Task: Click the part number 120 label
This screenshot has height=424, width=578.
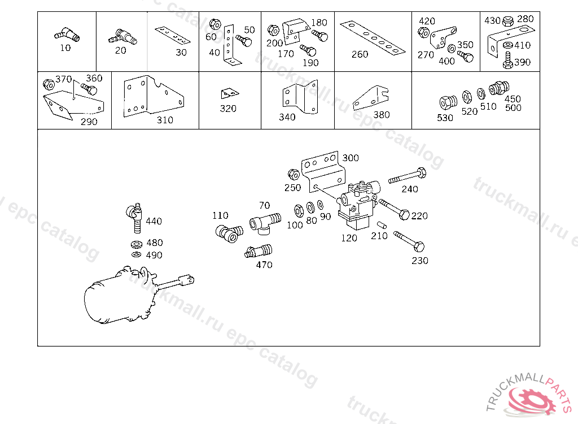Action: click(x=349, y=238)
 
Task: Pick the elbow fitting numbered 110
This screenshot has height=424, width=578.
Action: click(x=228, y=233)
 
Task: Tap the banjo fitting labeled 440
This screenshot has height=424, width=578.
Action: click(x=134, y=218)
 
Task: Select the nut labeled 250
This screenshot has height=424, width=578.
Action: click(x=293, y=173)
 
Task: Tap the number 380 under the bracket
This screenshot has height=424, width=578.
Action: click(x=382, y=115)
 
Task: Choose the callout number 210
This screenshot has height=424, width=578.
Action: click(x=379, y=236)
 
